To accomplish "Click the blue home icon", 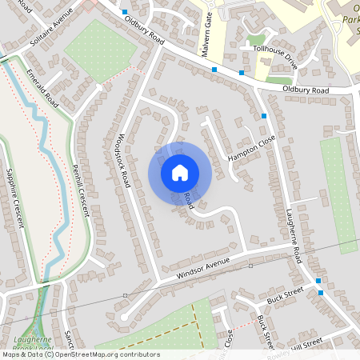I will [180, 172].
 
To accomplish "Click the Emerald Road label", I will [42, 87].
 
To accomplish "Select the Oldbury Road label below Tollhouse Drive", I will [307, 90].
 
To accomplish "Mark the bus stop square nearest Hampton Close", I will [264, 117].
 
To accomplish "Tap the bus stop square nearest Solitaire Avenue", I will [125, 12].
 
